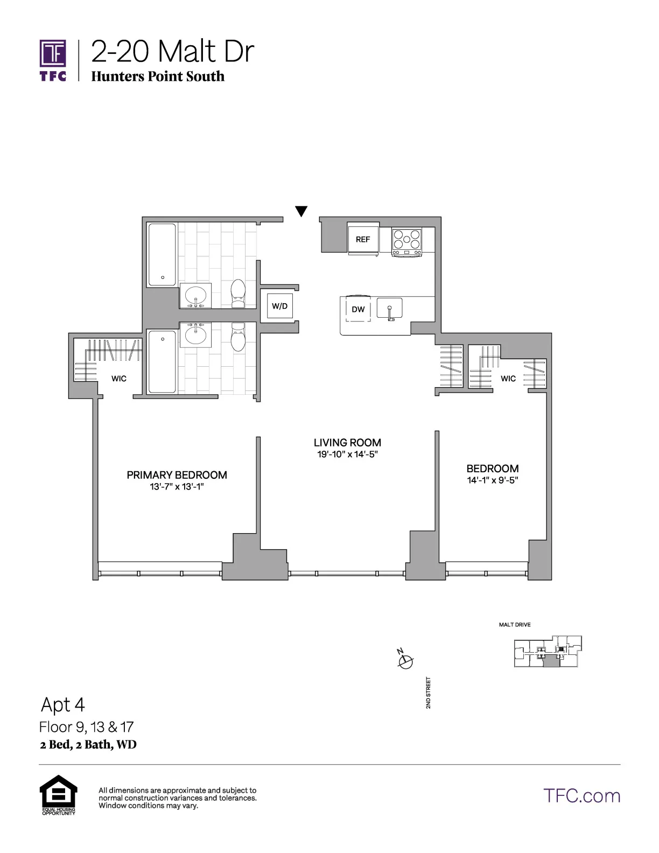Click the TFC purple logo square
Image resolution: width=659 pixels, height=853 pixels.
point(53,54)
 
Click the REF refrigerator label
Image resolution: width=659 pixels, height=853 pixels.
point(363,239)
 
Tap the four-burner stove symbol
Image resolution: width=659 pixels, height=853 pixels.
point(406,241)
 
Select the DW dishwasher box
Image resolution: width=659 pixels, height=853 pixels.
point(358,309)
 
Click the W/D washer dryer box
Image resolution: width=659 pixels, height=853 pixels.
point(279,306)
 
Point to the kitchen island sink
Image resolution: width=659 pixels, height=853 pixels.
point(390,309)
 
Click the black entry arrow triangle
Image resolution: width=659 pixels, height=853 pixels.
point(302,211)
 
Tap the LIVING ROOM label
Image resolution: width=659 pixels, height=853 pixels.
point(347,443)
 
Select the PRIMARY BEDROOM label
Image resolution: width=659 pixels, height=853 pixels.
point(177,475)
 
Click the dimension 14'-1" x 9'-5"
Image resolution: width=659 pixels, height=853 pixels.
point(492,480)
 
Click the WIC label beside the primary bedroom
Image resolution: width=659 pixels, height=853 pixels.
point(119,379)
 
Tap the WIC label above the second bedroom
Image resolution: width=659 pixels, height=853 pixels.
point(508,379)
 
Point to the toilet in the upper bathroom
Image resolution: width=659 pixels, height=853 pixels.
point(237,294)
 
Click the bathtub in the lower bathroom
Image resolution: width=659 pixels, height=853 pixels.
point(162,361)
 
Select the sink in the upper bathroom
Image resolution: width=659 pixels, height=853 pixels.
point(195,296)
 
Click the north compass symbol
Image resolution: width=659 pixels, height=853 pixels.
point(405,660)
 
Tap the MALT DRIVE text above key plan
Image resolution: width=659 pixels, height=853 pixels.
point(515,625)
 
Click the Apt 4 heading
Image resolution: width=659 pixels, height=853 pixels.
point(63,704)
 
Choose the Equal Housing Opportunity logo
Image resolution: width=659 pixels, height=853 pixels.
point(58,794)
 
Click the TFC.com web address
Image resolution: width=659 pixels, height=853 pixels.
point(581,795)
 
